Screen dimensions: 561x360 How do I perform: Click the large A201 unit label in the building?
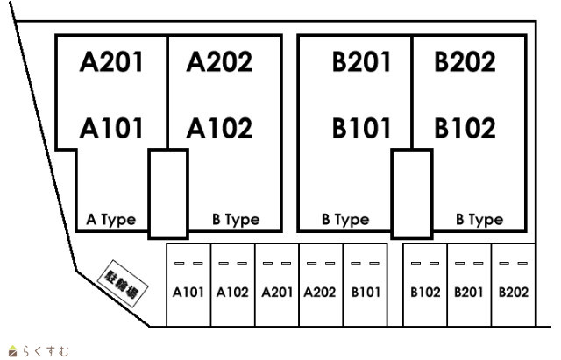(x=111, y=62)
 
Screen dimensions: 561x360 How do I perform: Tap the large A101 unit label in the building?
(x=111, y=128)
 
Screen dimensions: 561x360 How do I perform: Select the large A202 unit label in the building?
(x=219, y=62)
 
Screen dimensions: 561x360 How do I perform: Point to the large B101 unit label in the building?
(x=361, y=128)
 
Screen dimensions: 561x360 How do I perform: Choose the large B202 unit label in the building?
(x=465, y=62)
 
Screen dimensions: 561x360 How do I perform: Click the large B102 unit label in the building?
(x=465, y=128)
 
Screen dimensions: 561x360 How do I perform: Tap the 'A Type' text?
(x=111, y=220)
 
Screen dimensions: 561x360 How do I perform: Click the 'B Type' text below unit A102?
(x=236, y=220)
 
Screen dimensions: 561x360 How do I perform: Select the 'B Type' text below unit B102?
(x=479, y=220)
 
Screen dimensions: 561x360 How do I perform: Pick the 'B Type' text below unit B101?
(x=345, y=220)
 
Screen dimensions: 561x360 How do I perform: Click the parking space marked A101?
(x=188, y=286)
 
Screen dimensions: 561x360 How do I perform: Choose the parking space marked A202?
(x=321, y=286)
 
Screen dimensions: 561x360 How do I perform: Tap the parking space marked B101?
(x=366, y=286)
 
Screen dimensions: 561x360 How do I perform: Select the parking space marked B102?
(x=425, y=286)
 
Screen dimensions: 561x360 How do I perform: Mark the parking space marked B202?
(x=514, y=286)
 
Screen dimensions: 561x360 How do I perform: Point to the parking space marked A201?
(x=277, y=286)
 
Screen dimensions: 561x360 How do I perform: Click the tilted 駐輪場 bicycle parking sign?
(x=123, y=284)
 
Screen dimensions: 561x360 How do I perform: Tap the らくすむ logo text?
(x=46, y=351)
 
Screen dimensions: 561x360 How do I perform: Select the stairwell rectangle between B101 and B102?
(x=412, y=194)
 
